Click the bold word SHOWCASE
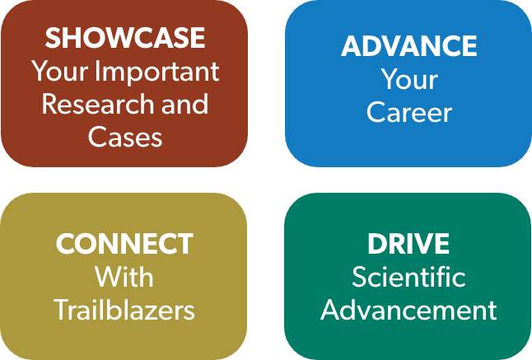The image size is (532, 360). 125,37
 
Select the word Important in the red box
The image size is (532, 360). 157,72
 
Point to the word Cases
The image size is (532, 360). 125,137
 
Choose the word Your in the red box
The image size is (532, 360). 60,71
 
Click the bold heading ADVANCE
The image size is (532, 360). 408,46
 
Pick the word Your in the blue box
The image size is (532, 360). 409,79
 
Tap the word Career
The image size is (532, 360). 409,112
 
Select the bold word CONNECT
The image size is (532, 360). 124,244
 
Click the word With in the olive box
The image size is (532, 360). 124,276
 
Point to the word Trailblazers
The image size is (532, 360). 124,310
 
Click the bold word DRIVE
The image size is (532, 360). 408,244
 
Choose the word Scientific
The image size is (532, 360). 408,276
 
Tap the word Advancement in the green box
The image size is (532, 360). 408,310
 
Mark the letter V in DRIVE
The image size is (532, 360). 422,244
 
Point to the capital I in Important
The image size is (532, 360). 98,71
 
